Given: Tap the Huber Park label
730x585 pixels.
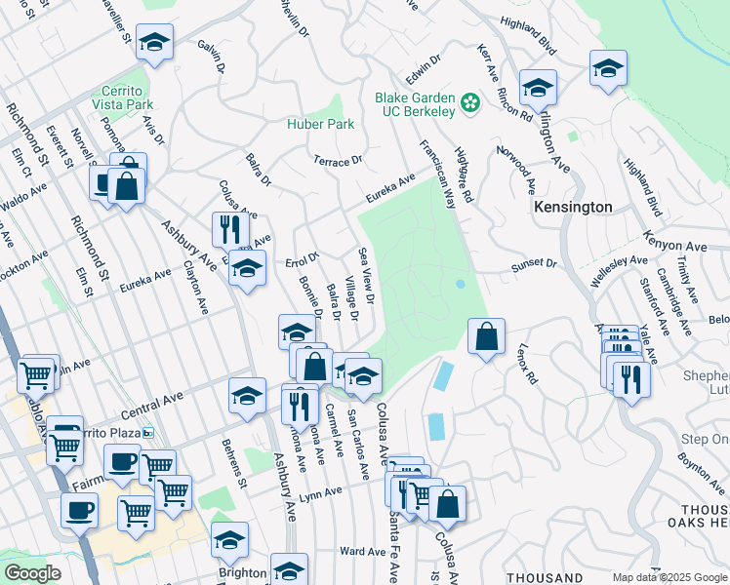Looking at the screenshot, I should pyautogui.click(x=320, y=124).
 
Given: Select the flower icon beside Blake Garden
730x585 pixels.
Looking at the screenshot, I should pyautogui.click(x=469, y=101).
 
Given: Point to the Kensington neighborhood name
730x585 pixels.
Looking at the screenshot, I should pyautogui.click(x=573, y=207).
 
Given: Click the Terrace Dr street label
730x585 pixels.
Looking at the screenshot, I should pyautogui.click(x=338, y=159).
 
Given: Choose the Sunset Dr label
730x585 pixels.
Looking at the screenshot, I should pyautogui.click(x=534, y=264).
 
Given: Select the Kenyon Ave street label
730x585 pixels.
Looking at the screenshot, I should pyautogui.click(x=675, y=240).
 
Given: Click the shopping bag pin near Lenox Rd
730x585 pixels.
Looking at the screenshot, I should pyautogui.click(x=485, y=337).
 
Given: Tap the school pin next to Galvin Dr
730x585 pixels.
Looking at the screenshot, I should pyautogui.click(x=154, y=42).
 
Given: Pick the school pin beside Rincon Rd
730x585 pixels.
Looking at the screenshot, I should pyautogui.click(x=537, y=88).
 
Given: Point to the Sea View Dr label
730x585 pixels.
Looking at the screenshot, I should pyautogui.click(x=367, y=276).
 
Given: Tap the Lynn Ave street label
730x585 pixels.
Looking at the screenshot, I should pyautogui.click(x=324, y=496).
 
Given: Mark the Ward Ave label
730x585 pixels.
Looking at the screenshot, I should pyautogui.click(x=363, y=552).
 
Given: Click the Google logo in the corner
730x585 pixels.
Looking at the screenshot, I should pyautogui.click(x=32, y=573).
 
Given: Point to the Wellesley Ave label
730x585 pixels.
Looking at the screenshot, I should pyautogui.click(x=626, y=261).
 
